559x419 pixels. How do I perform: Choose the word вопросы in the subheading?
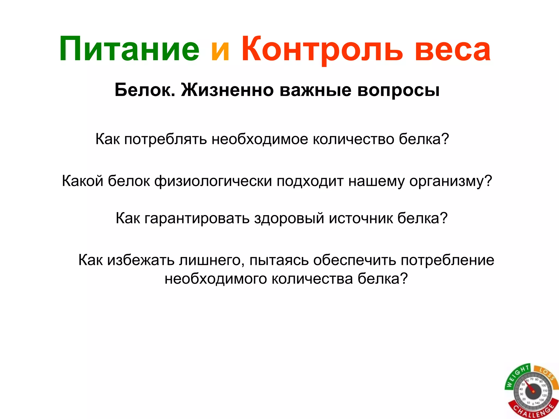click(x=398, y=90)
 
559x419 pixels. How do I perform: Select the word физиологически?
click(x=213, y=181)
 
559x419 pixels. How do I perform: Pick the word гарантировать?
click(x=197, y=218)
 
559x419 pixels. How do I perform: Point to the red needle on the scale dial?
click(x=529, y=388)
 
